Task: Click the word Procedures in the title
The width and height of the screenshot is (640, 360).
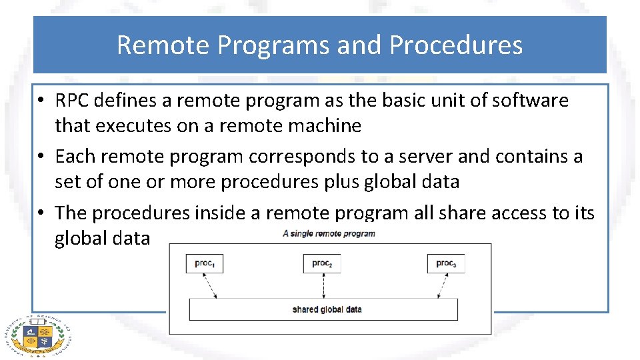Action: [455, 45]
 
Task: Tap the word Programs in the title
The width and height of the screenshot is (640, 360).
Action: [273, 45]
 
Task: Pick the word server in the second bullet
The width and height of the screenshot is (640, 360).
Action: [427, 157]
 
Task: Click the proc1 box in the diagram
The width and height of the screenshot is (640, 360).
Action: [204, 263]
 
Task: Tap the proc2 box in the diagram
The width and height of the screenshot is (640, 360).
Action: [321, 263]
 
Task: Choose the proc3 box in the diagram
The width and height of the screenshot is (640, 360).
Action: [445, 263]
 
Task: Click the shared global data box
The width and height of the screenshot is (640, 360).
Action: [324, 309]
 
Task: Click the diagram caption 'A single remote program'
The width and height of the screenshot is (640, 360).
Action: [329, 233]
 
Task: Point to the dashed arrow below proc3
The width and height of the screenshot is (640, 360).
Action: [441, 285]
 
